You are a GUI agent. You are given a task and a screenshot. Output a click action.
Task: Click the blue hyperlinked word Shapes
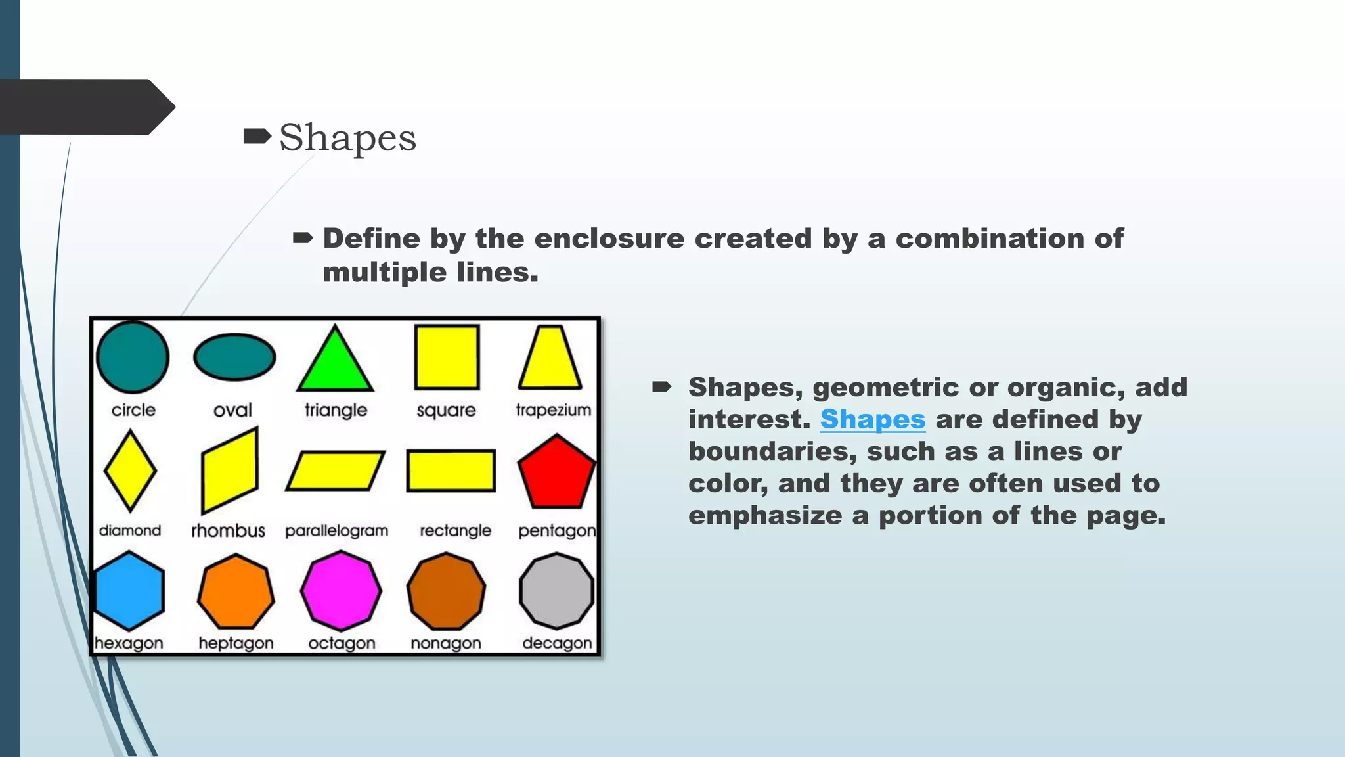click(x=872, y=420)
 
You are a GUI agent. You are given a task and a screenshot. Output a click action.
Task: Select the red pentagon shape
click(x=556, y=473)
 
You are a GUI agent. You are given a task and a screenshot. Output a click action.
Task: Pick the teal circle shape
click(x=133, y=357)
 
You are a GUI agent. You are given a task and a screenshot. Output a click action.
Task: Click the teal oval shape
click(x=234, y=357)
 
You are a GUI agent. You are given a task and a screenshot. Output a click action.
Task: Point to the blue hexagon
click(x=129, y=591)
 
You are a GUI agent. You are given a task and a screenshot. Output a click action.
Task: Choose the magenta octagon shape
click(x=341, y=591)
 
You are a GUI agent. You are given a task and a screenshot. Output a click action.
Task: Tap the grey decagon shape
click(x=556, y=591)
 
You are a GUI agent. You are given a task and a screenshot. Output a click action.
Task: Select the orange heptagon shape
click(x=236, y=591)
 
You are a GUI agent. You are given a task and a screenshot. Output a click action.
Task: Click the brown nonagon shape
click(x=446, y=591)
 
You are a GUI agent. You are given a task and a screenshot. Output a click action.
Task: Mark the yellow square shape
click(x=447, y=357)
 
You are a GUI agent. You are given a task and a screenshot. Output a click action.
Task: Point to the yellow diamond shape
click(x=130, y=470)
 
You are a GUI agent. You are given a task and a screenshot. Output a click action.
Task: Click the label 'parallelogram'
click(x=336, y=531)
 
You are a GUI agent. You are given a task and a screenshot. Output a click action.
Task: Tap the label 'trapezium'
click(x=553, y=410)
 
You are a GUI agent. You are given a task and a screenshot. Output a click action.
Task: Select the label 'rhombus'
click(x=228, y=531)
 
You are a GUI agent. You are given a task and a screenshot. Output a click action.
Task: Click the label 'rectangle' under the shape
click(x=455, y=531)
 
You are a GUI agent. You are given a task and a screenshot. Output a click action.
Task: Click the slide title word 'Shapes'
click(x=347, y=138)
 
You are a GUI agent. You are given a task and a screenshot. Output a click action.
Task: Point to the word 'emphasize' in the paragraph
click(x=765, y=516)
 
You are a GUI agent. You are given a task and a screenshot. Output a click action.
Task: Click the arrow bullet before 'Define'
click(x=303, y=238)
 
